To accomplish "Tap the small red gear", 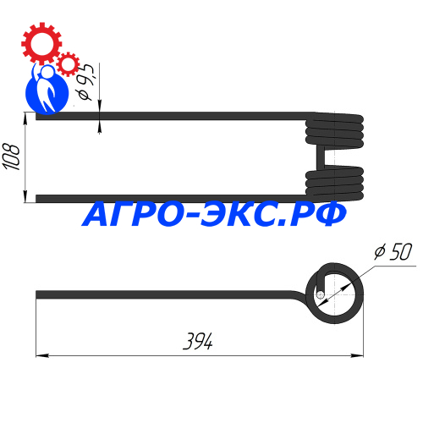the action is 68,64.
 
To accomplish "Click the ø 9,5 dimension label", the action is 85,82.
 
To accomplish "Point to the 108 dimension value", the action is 11,157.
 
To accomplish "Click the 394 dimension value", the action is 198,341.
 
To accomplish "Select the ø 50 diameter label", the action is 393,251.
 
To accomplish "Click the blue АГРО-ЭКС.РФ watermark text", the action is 214,214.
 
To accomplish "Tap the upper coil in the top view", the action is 334,130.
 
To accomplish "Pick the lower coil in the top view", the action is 334,184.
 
